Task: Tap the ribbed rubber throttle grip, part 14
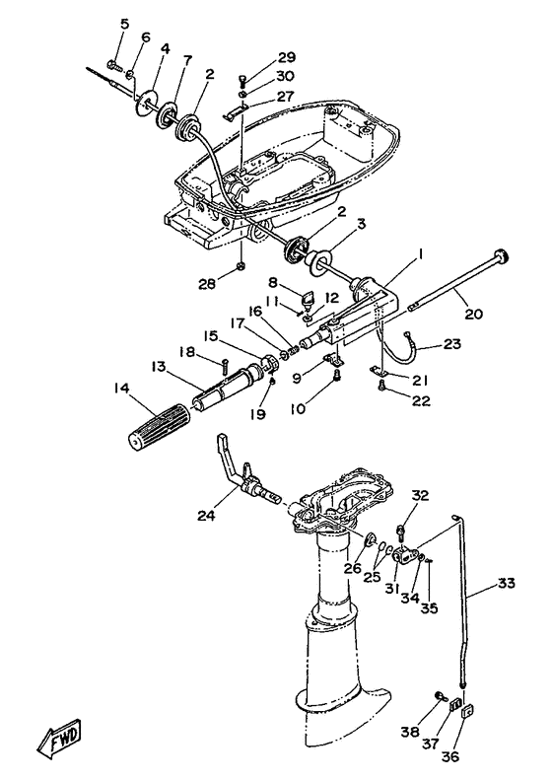pos(159,424)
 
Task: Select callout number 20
pos(473,315)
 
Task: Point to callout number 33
pos(506,583)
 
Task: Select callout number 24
pos(206,515)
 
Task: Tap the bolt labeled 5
pos(114,64)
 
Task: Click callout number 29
pos(286,57)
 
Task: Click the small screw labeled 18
pos(225,368)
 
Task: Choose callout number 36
pos(449,756)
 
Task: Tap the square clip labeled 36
pos(467,711)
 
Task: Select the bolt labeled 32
pos(400,532)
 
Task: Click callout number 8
pos(272,282)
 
